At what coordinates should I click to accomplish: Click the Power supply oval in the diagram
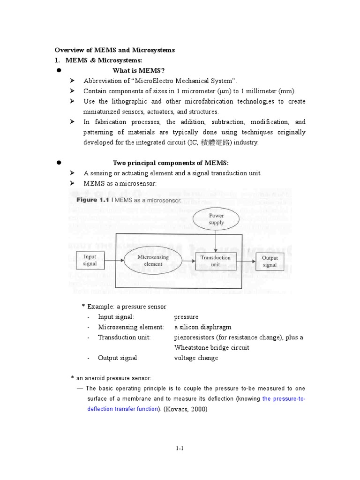click(216, 219)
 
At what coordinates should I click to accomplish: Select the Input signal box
click(90, 260)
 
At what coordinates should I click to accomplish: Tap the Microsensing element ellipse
click(150, 261)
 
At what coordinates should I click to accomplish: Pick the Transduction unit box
click(215, 261)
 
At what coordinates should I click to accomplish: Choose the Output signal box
click(270, 261)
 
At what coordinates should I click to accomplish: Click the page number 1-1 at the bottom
click(180, 448)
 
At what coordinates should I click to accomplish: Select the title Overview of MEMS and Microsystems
click(115, 50)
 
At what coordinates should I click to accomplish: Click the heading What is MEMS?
click(139, 70)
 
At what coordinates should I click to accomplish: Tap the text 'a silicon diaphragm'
click(202, 327)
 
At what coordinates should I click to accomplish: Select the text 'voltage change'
click(196, 358)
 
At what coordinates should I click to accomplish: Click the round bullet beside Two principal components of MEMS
click(60, 163)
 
